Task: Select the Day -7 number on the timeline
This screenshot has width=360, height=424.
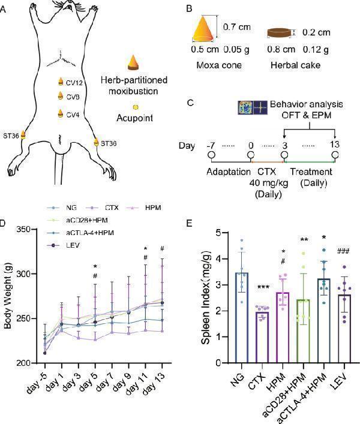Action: [x=211, y=145]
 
